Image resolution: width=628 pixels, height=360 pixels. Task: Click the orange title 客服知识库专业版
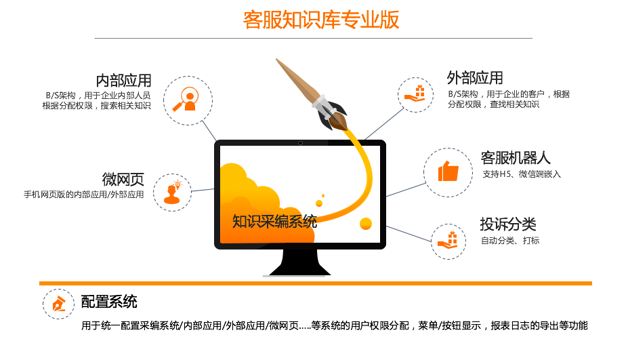(321, 20)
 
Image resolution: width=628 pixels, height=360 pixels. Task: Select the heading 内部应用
(123, 81)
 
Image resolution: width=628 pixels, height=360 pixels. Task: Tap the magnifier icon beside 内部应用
(186, 100)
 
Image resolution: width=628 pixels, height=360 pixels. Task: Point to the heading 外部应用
(475, 78)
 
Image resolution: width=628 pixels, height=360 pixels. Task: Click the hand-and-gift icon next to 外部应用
(415, 94)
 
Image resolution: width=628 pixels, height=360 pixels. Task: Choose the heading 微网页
(123, 179)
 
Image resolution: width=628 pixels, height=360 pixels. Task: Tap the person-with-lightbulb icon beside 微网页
(173, 193)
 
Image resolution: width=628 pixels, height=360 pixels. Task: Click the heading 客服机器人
(516, 158)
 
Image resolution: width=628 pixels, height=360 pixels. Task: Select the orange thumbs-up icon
(448, 171)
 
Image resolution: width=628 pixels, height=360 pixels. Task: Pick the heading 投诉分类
(508, 224)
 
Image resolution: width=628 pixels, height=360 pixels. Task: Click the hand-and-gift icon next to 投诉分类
(448, 240)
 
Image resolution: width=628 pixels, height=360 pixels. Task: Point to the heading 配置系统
(109, 302)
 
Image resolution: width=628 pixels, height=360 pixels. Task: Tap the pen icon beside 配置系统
(59, 304)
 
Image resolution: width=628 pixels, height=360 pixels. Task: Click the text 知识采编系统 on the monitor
(275, 221)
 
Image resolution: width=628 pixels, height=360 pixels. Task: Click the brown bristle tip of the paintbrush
(341, 123)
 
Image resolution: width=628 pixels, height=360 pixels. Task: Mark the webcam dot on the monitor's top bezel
(300, 143)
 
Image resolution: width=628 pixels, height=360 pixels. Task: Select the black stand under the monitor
(300, 262)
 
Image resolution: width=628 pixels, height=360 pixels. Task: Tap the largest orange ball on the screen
(366, 224)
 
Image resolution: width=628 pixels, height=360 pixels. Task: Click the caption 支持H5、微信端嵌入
(522, 174)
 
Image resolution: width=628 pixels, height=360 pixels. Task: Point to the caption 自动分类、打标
(510, 241)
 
